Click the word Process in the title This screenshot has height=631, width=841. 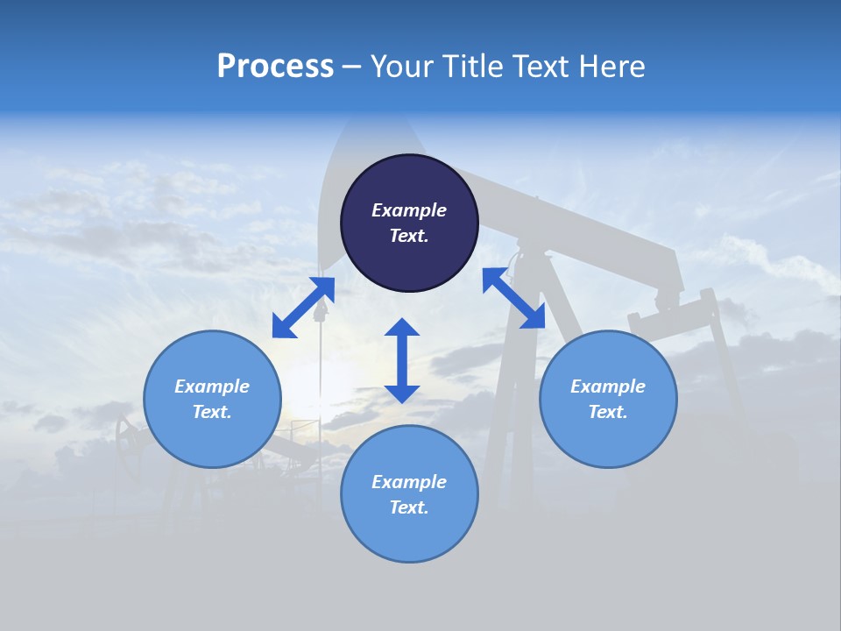[275, 67]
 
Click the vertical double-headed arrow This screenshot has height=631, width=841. [402, 360]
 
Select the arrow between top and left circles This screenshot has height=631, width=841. [303, 308]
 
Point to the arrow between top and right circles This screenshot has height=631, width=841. [514, 298]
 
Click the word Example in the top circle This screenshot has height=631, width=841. [409, 210]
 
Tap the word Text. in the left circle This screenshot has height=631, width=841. [212, 412]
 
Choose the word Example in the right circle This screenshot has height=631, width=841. [608, 386]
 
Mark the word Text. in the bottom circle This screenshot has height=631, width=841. [409, 507]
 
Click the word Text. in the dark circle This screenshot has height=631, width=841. [409, 236]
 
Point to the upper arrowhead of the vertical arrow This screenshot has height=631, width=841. [402, 329]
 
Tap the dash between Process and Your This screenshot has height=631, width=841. [352, 67]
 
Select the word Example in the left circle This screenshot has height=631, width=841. [212, 386]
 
